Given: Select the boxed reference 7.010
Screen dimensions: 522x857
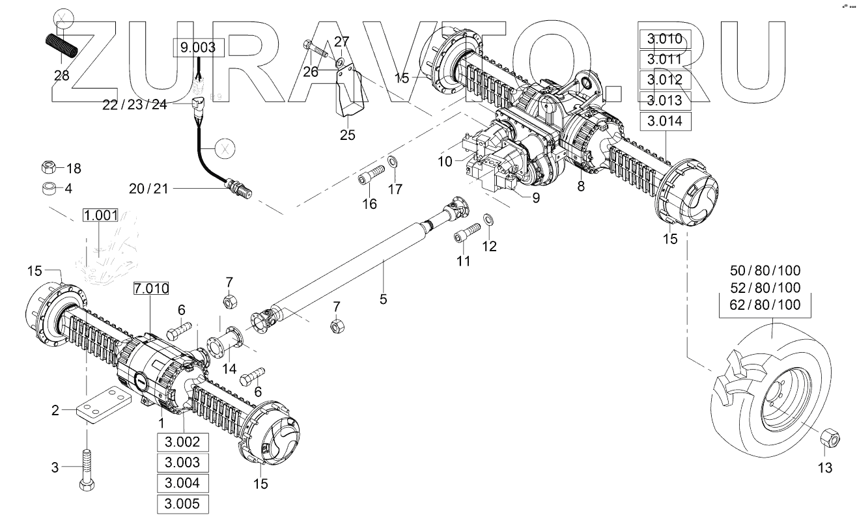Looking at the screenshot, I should point(151,289).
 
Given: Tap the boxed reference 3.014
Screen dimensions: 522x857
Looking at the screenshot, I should point(664,121).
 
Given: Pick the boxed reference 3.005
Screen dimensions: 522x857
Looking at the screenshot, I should point(182,504).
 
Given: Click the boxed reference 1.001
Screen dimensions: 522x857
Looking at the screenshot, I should point(100,216).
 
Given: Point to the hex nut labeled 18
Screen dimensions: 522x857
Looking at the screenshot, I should point(48,169).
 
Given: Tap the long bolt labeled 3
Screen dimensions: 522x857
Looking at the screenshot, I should point(87,467).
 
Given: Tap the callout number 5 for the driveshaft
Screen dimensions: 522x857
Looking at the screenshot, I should point(383,299).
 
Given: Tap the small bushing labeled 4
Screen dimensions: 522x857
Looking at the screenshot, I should point(48,189).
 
